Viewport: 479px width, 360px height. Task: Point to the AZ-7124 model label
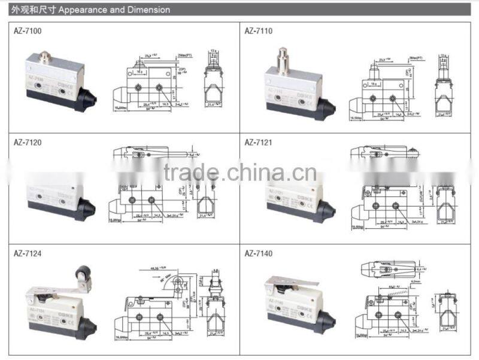pos(28,253)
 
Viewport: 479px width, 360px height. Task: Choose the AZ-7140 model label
pos(259,253)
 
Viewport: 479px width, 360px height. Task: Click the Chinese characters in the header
pos(27,10)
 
